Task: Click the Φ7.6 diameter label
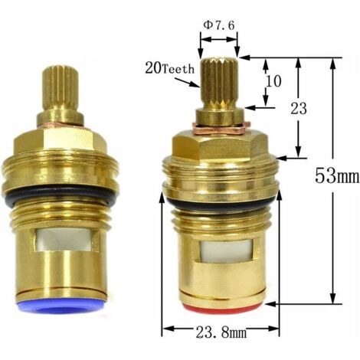[x=219, y=25]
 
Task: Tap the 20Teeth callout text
[x=170, y=69]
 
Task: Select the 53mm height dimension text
[x=337, y=175]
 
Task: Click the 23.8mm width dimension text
[x=221, y=332]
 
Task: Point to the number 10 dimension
[x=273, y=81]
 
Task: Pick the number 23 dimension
[x=299, y=109]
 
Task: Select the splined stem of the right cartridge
[x=219, y=82]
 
